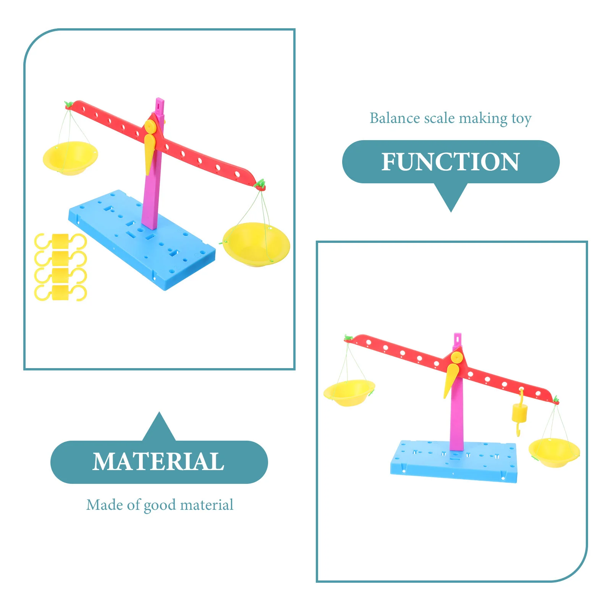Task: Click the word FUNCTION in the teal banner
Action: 451,162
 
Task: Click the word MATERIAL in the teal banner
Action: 158,462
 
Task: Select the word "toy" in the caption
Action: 521,119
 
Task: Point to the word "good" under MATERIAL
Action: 160,506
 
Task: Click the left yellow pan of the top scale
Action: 70,157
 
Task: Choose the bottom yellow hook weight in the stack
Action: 60,293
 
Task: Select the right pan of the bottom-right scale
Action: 554,452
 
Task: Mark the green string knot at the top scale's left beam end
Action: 68,104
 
